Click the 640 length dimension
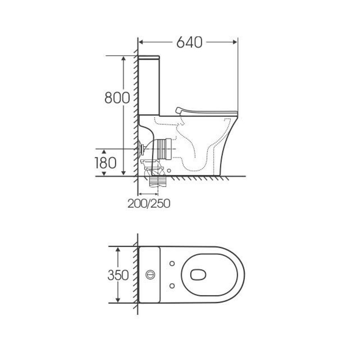point(189,42)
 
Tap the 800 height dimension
point(117,98)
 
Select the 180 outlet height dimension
point(106,163)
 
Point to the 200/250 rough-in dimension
point(149,204)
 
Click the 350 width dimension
point(118,275)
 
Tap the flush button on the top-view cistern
point(150,274)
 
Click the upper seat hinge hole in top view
point(172,264)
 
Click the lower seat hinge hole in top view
point(172,286)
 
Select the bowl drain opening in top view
point(198,275)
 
